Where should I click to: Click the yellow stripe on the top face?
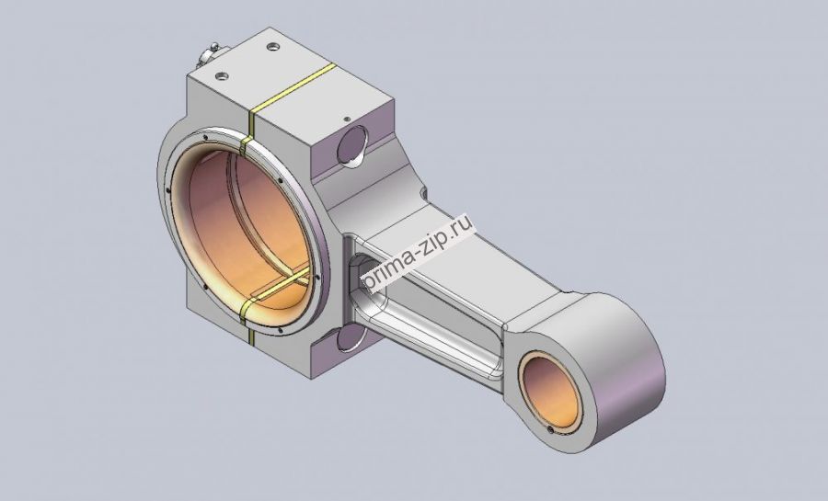tap(292, 88)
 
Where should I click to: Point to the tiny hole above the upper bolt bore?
tap(347, 120)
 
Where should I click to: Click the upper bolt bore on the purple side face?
tap(351, 146)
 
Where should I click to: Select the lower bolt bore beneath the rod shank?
tap(350, 338)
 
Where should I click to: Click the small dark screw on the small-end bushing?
tap(551, 430)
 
